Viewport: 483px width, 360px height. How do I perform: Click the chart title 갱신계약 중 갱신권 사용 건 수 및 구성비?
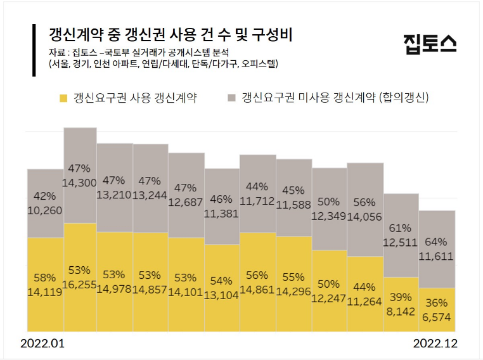point(170,33)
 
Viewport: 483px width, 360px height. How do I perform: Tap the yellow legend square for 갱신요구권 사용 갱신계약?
point(63,98)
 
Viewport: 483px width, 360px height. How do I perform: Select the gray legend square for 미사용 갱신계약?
point(231,98)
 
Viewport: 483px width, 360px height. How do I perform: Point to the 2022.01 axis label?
point(42,344)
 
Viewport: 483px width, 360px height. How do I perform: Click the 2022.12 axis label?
point(435,344)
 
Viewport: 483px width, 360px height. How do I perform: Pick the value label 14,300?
point(80,181)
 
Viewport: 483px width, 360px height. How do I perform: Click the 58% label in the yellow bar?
point(45,278)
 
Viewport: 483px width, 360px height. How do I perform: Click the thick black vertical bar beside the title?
point(34,51)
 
